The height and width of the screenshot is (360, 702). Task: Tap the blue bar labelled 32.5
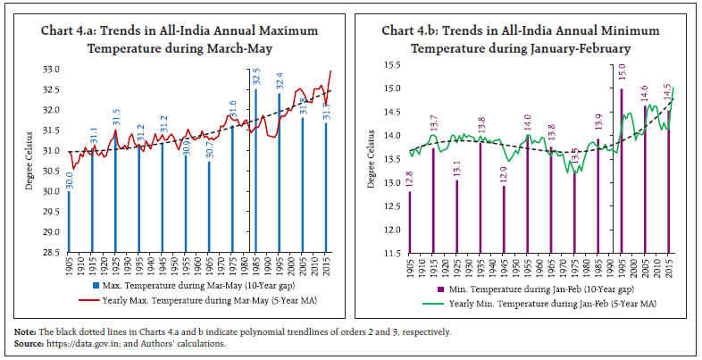coord(255,170)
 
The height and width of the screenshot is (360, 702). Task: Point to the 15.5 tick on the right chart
coord(390,65)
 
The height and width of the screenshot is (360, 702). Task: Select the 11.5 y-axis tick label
coord(390,254)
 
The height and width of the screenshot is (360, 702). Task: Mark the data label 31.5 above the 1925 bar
coord(115,117)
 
